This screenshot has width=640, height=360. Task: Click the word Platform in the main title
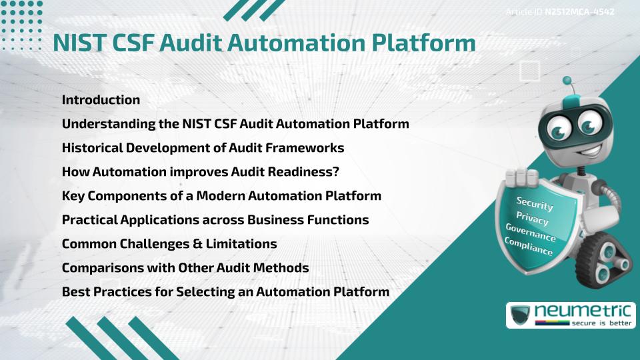click(x=421, y=42)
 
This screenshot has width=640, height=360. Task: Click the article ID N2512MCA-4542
click(x=579, y=11)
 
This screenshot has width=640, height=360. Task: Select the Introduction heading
click(x=101, y=100)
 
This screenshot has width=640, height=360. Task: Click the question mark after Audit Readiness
click(x=336, y=172)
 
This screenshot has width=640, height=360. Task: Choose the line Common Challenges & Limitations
click(x=169, y=244)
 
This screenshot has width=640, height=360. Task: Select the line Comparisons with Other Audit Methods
click(x=185, y=268)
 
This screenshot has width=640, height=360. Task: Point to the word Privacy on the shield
click(x=532, y=218)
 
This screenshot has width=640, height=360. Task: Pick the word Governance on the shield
click(x=530, y=232)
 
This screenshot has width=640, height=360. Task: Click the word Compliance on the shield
click(x=529, y=246)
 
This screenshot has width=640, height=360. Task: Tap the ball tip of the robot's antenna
click(x=567, y=81)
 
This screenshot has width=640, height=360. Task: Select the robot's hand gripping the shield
click(x=522, y=176)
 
